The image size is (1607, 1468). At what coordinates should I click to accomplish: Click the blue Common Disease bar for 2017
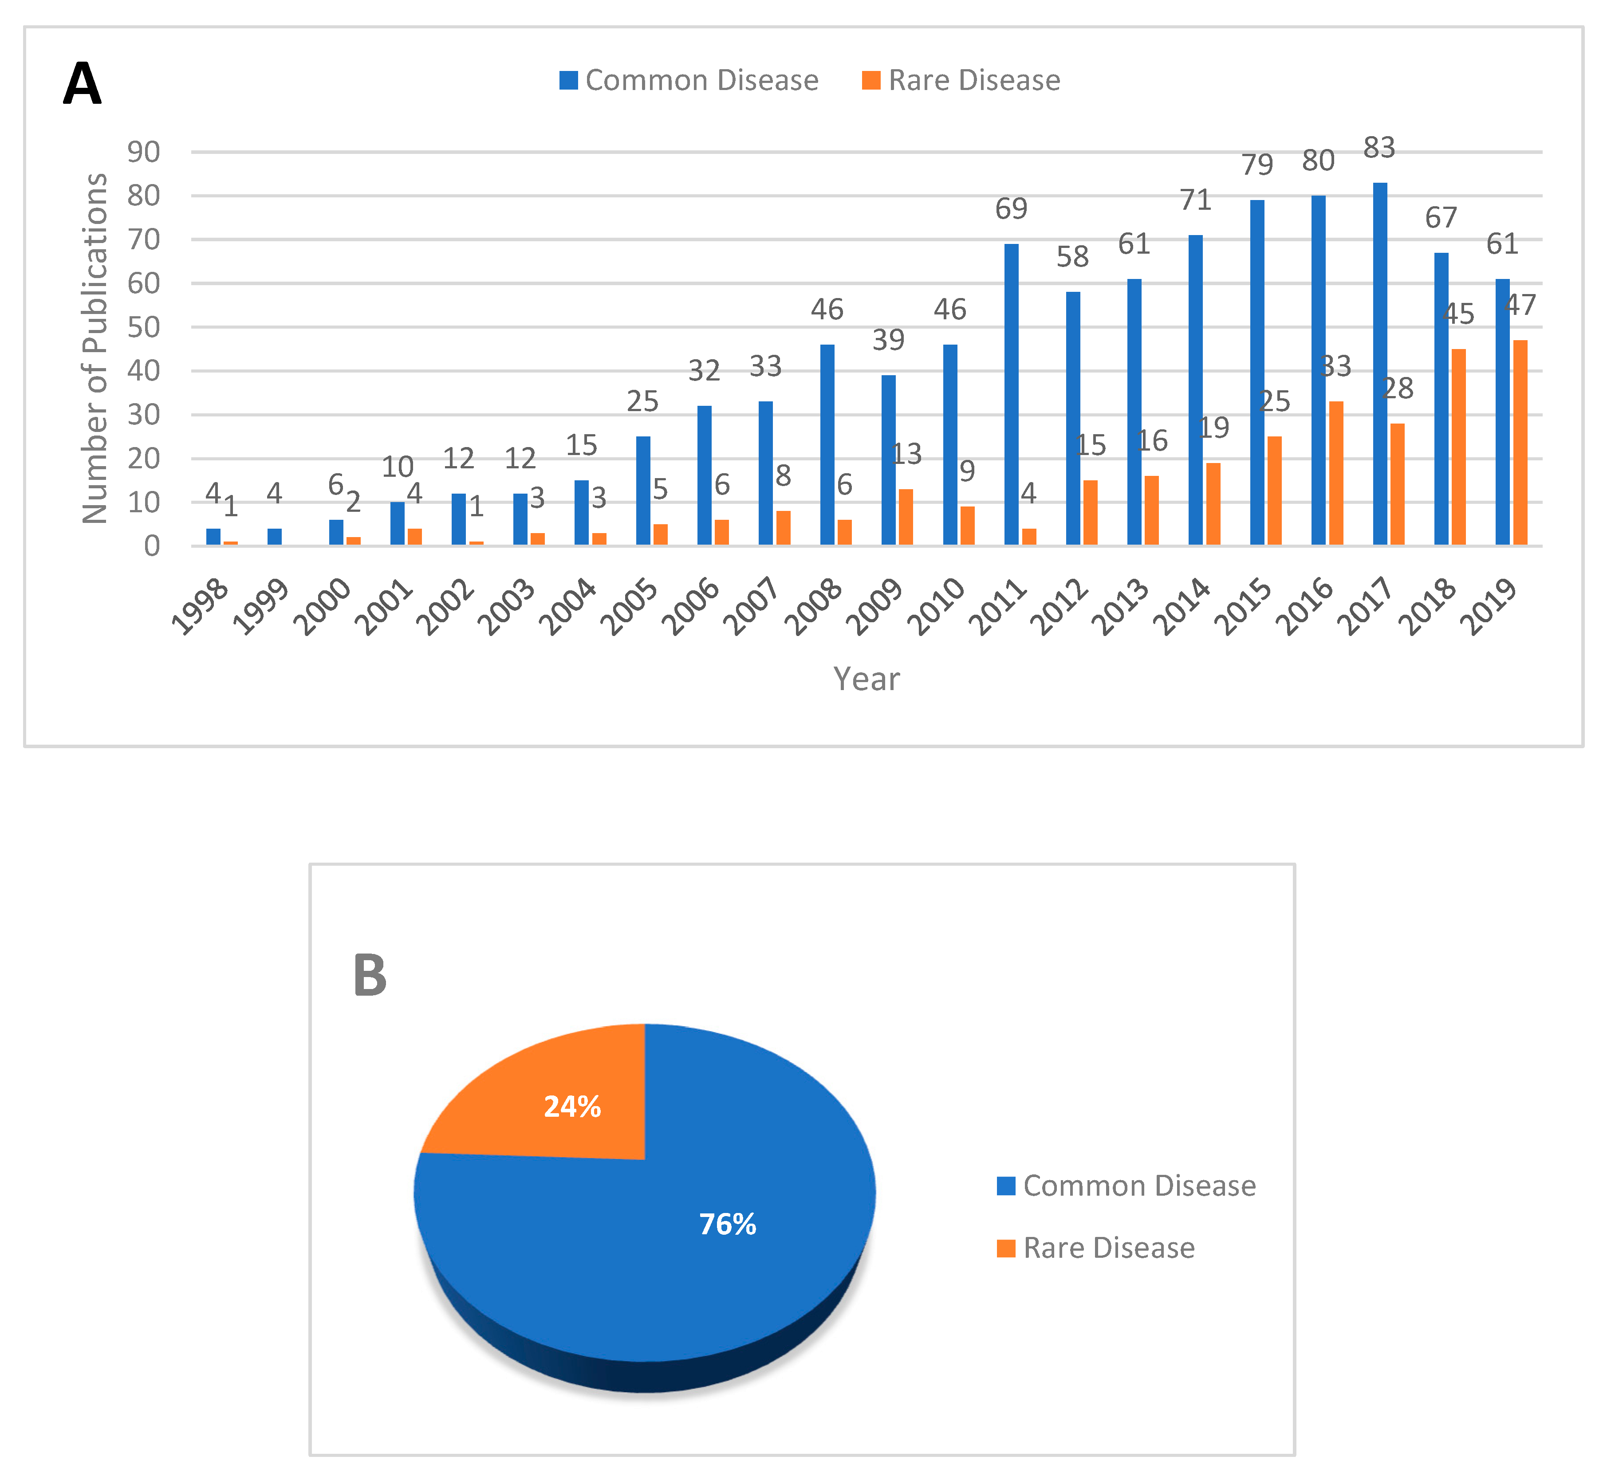click(x=1380, y=364)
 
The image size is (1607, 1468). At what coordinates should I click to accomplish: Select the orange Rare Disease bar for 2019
click(x=1520, y=443)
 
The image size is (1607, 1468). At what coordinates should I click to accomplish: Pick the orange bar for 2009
click(x=906, y=517)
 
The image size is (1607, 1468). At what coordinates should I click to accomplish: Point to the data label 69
click(x=1011, y=209)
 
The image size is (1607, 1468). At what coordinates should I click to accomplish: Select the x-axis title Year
click(x=867, y=679)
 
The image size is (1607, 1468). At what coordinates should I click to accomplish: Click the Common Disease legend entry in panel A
click(x=689, y=80)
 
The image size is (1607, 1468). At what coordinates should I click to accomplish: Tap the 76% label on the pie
click(x=727, y=1224)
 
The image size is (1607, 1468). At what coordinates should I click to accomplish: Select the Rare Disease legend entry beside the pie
click(x=1096, y=1248)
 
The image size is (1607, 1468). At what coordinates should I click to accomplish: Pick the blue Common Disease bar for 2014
click(x=1195, y=391)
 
